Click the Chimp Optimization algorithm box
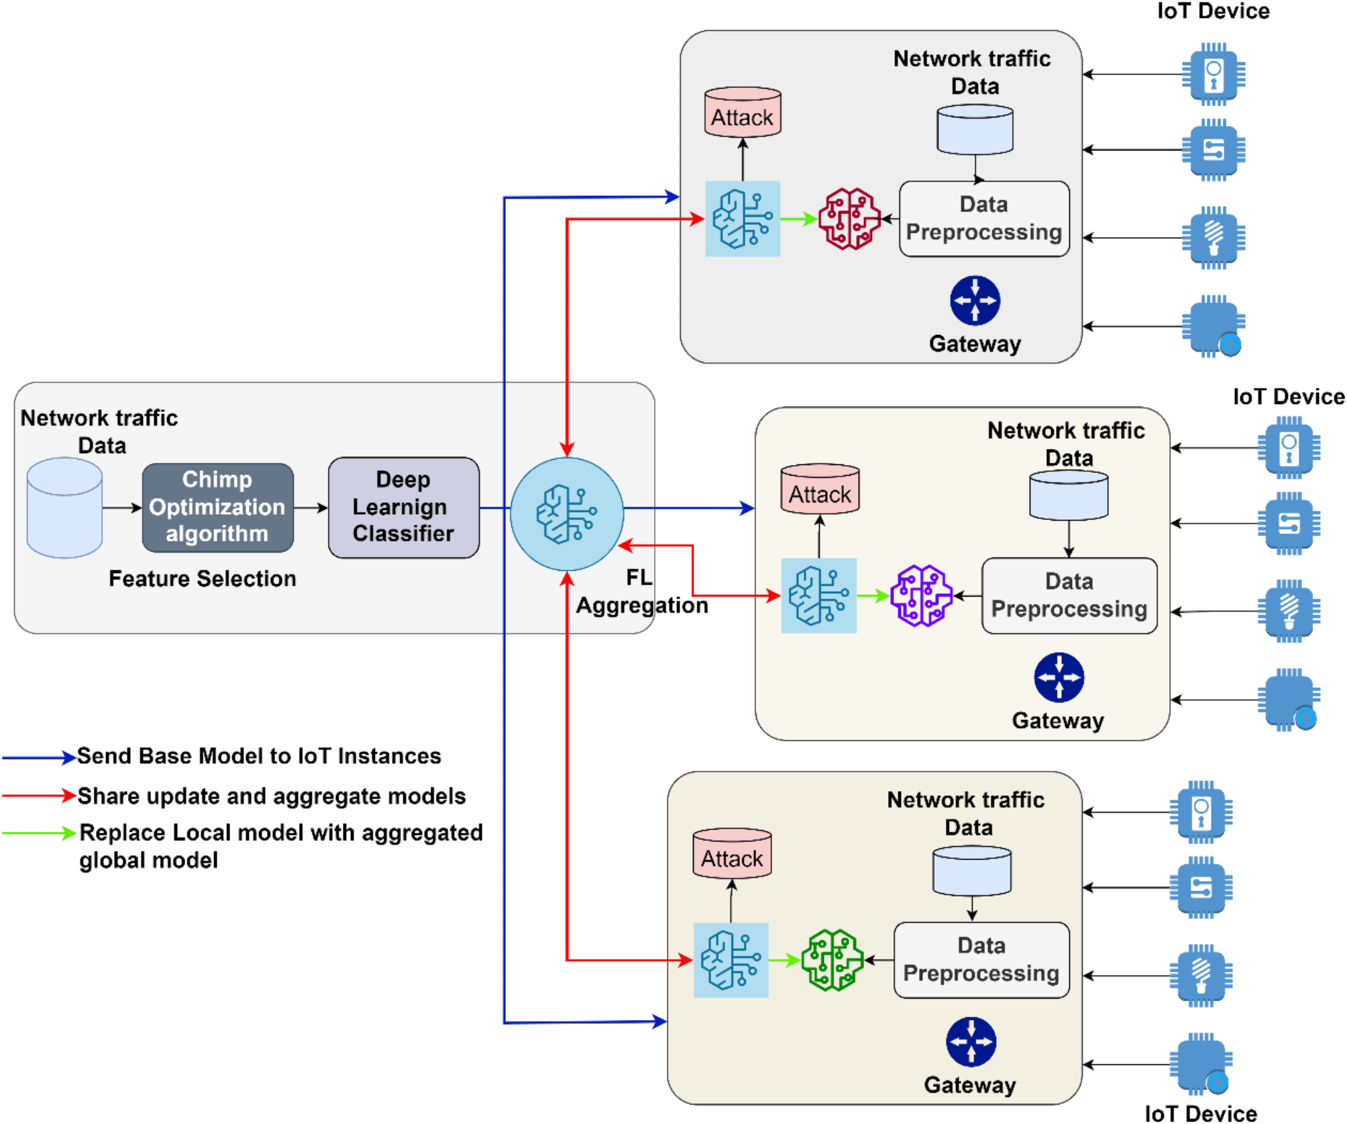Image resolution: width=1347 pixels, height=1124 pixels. pyautogui.click(x=217, y=507)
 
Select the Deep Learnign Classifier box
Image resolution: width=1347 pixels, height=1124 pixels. pyautogui.click(x=403, y=507)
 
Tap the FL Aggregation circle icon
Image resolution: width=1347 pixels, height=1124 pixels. pyautogui.click(x=567, y=514)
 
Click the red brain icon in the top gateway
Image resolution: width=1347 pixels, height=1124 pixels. pyautogui.click(x=849, y=219)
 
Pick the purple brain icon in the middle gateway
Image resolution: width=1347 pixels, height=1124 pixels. pyautogui.click(x=921, y=595)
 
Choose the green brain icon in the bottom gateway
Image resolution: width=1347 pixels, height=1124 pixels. pyautogui.click(x=832, y=960)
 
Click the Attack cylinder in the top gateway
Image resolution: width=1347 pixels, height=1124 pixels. pyautogui.click(x=743, y=113)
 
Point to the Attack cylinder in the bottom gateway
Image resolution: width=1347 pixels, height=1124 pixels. pyautogui.click(x=732, y=854)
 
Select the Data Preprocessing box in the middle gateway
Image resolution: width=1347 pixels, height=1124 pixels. pyautogui.click(x=1069, y=595)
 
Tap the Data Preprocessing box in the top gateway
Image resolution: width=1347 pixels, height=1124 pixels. pyautogui.click(x=983, y=219)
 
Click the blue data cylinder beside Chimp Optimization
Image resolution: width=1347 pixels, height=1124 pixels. pyautogui.click(x=64, y=507)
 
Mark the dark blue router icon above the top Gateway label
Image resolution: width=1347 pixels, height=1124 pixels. pyautogui.click(x=975, y=301)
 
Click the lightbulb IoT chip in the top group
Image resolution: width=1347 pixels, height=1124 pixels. pyautogui.click(x=1213, y=238)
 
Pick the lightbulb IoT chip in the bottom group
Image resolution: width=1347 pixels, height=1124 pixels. pyautogui.click(x=1201, y=976)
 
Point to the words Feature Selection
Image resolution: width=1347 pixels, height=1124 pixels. pyautogui.click(x=202, y=578)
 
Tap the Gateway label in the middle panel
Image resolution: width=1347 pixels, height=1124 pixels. pyautogui.click(x=1058, y=721)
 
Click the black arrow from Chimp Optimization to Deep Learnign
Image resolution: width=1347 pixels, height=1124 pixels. pyautogui.click(x=311, y=508)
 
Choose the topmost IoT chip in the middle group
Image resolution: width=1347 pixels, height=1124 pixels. pyautogui.click(x=1289, y=448)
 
